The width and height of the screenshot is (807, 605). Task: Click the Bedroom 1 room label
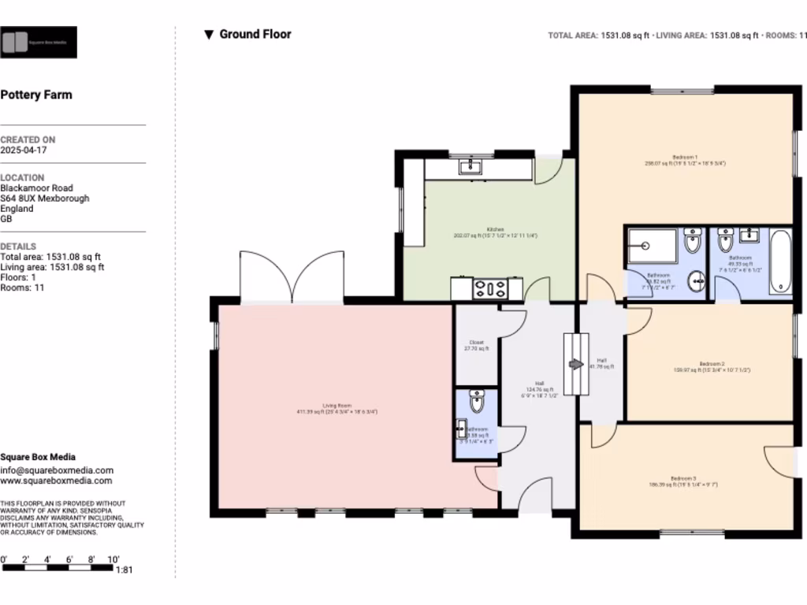point(685,160)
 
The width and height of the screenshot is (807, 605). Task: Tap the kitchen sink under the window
point(470,166)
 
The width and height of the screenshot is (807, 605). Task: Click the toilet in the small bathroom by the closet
point(477,402)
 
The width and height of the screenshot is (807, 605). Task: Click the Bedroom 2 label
point(710,366)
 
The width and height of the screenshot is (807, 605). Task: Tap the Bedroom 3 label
point(683,481)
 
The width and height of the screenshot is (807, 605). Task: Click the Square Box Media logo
point(39,43)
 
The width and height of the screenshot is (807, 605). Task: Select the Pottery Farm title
point(36,95)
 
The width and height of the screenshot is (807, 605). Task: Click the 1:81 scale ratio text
point(125,570)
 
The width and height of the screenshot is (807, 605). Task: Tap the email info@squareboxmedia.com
point(57,470)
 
